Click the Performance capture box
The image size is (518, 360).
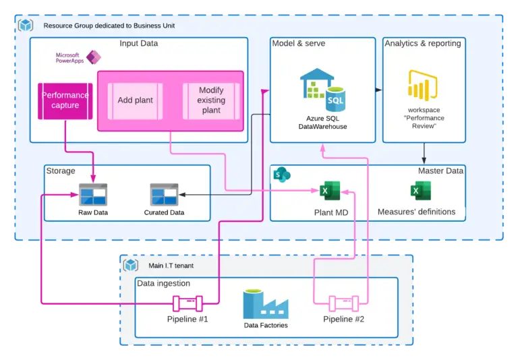tap(65, 100)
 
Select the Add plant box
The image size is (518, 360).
tap(135, 100)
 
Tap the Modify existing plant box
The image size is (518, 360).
tap(211, 100)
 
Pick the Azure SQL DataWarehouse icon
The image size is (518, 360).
tap(322, 90)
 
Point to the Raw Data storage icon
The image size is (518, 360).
tap(92, 195)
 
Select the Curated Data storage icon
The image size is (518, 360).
tap(164, 195)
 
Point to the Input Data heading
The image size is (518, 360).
tap(138, 44)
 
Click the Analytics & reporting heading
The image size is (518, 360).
tap(423, 44)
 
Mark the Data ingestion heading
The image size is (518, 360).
tap(164, 283)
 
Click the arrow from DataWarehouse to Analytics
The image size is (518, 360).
tap(379, 89)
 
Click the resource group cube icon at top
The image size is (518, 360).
tap(26, 26)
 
